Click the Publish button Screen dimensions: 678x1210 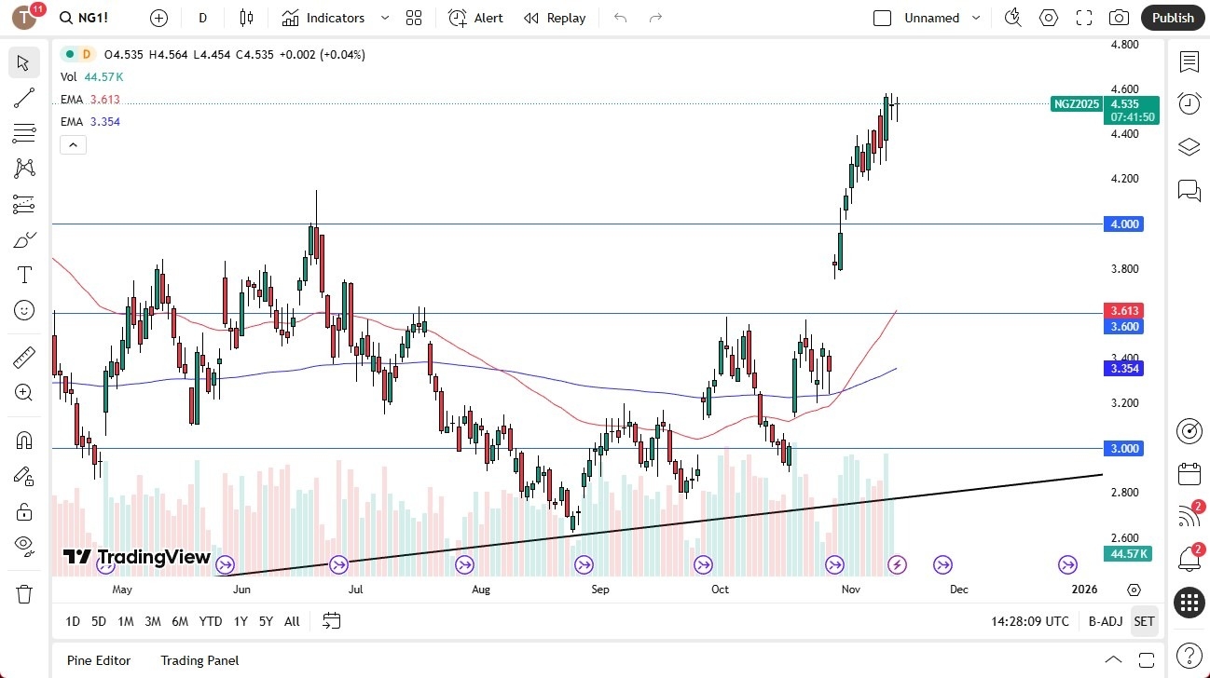click(x=1173, y=18)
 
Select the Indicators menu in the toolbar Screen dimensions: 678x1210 click(x=323, y=18)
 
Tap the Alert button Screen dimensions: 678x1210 click(x=475, y=18)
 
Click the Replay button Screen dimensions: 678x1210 click(x=555, y=18)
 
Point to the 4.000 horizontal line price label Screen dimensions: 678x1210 click(x=1123, y=224)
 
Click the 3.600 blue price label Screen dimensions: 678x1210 click(x=1123, y=326)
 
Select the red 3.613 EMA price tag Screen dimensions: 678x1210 click(x=1123, y=310)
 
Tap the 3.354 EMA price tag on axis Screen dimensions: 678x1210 click(x=1123, y=369)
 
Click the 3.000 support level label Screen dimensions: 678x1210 click(x=1123, y=449)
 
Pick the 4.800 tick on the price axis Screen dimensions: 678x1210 click(x=1125, y=45)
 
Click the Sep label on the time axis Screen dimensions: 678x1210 click(x=600, y=590)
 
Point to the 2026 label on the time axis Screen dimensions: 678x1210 click(x=1084, y=590)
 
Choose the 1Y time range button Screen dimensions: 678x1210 click(x=241, y=621)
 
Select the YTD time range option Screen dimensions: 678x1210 click(x=211, y=621)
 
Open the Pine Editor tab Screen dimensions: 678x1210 click(x=99, y=660)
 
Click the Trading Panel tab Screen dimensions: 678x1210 click(x=199, y=660)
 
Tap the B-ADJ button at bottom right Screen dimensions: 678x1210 click(x=1106, y=621)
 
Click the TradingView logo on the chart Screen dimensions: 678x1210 click(x=137, y=558)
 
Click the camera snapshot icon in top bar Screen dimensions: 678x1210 click(x=1119, y=18)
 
